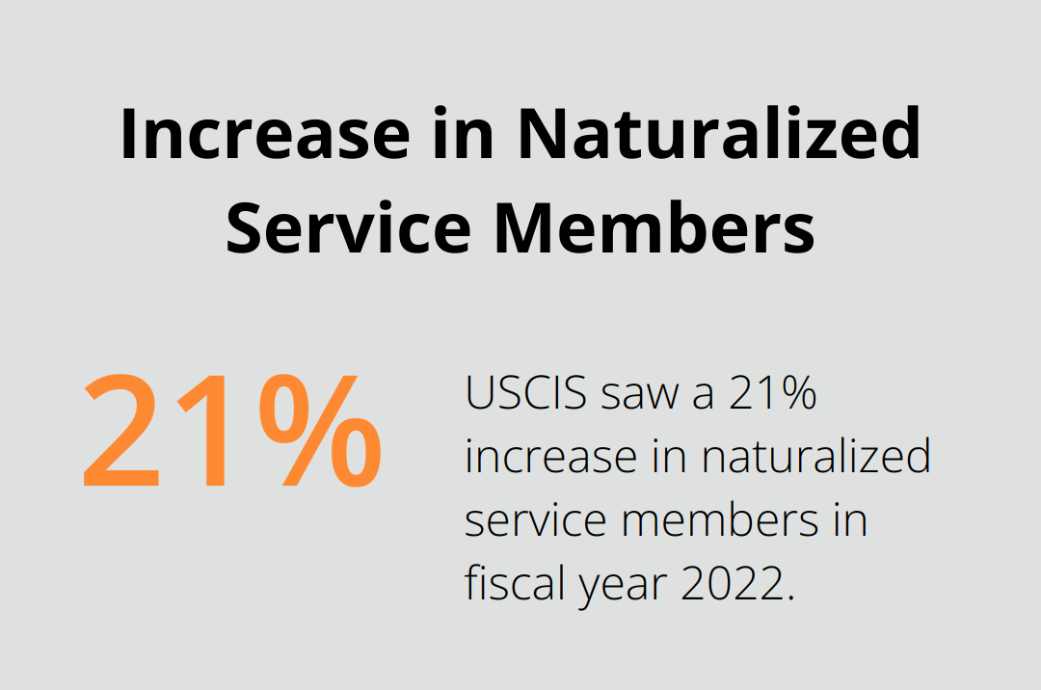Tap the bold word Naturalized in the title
click(x=718, y=135)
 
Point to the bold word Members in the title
click(x=655, y=228)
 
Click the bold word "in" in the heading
click(x=461, y=135)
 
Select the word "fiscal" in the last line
click(x=513, y=584)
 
